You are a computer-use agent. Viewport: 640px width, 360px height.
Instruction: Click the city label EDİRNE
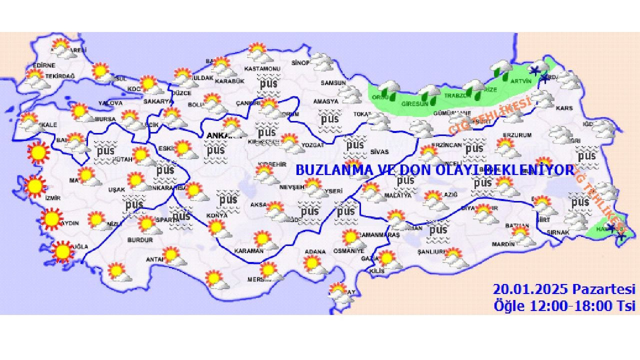pyautogui.click(x=43, y=65)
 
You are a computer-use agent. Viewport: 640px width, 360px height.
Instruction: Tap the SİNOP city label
pyautogui.click(x=301, y=63)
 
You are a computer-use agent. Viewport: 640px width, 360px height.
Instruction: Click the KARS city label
pyautogui.click(x=564, y=108)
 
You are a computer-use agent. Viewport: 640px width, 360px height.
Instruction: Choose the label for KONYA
pyautogui.click(x=216, y=215)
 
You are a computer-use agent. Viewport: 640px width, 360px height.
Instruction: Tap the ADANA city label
pyautogui.click(x=315, y=251)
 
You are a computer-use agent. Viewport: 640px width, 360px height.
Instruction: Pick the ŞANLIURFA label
pyautogui.click(x=431, y=252)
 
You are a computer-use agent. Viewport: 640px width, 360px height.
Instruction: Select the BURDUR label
pyautogui.click(x=140, y=240)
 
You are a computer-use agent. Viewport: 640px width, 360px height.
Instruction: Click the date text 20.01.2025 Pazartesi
pyautogui.click(x=564, y=289)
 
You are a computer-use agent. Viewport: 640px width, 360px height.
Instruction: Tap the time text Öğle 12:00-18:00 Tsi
pyautogui.click(x=564, y=305)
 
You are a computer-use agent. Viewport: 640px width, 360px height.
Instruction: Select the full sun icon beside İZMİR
pyautogui.click(x=35, y=186)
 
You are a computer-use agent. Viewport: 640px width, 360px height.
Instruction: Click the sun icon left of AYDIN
pyautogui.click(x=51, y=219)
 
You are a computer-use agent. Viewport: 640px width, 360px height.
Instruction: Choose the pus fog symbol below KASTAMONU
pyautogui.click(x=268, y=83)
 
